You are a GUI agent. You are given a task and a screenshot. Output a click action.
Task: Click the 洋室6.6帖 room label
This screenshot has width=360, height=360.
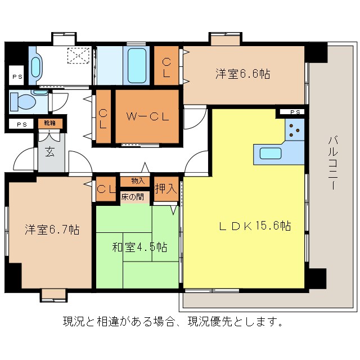241,74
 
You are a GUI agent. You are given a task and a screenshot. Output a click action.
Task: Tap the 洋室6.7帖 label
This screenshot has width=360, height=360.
52,229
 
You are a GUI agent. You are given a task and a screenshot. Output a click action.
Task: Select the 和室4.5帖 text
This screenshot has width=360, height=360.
138,247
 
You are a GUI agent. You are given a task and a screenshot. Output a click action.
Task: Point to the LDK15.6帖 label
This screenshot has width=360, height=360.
254,226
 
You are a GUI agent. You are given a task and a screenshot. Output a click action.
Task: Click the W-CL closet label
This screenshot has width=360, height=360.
147,117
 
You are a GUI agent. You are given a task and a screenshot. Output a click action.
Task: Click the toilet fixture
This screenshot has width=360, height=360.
23,102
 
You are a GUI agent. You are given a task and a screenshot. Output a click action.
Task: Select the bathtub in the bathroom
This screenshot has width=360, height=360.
137,66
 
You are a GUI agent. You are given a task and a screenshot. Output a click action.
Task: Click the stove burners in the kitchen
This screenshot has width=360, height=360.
294,130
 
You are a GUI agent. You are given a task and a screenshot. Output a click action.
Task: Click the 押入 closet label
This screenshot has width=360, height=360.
166,188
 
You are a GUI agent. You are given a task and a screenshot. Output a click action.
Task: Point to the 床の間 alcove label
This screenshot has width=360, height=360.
132,197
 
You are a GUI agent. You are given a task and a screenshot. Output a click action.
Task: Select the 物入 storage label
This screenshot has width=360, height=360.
138,181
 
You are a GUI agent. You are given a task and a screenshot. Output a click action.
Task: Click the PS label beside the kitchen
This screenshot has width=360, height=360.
295,112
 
